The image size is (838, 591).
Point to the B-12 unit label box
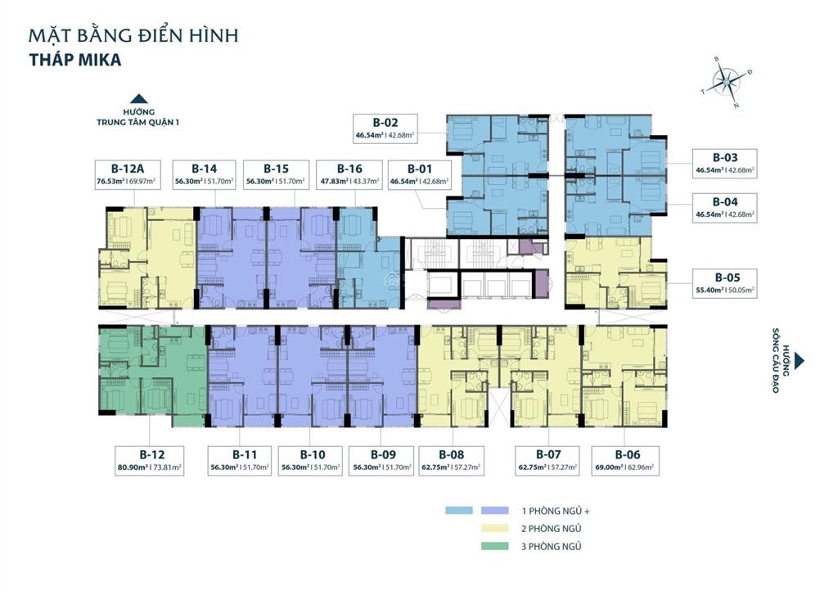pyautogui.click(x=150, y=461)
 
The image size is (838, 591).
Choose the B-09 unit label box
pyautogui.click(x=383, y=461)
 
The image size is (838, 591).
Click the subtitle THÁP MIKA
pyautogui.click(x=75, y=60)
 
